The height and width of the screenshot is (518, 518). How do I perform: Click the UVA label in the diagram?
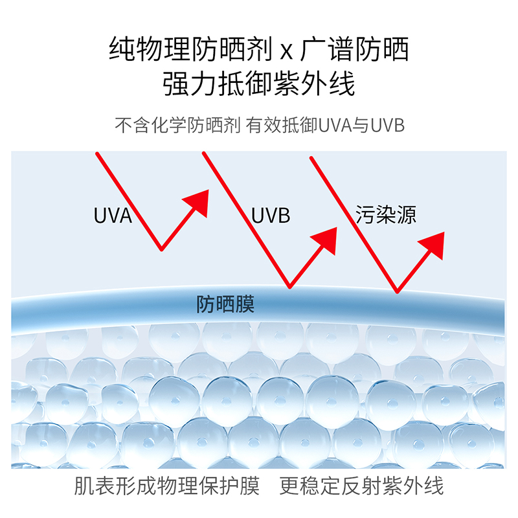(x=113, y=215)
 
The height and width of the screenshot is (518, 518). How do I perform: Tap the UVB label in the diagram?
(x=271, y=215)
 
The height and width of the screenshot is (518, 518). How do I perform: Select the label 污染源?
(x=385, y=215)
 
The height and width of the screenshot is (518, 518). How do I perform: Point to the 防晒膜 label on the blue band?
(x=225, y=304)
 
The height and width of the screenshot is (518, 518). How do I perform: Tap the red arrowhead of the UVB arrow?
(x=326, y=240)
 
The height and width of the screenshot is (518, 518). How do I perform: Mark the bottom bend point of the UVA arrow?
(x=161, y=249)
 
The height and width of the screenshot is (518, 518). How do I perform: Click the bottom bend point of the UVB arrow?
(x=289, y=286)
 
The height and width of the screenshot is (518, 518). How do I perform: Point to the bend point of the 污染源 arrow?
(x=396, y=291)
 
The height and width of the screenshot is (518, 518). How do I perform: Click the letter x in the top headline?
(x=287, y=51)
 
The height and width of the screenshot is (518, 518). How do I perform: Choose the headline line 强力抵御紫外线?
(x=259, y=84)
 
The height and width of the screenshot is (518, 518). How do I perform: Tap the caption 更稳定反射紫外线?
(x=362, y=486)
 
